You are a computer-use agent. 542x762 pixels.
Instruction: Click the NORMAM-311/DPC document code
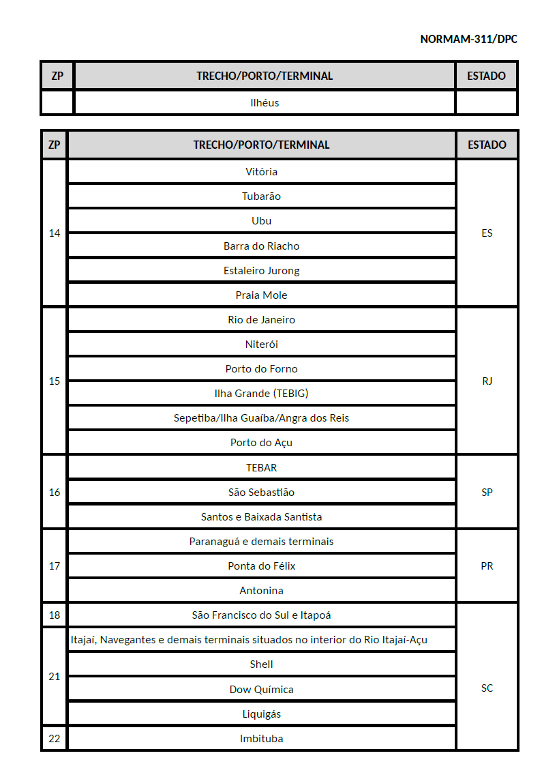point(468,39)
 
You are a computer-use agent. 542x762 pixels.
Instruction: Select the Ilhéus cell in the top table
point(265,103)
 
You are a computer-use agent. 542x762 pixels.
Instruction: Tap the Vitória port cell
point(261,172)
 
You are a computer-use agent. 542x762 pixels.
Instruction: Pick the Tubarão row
point(261,196)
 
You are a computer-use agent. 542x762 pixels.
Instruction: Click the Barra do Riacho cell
point(261,246)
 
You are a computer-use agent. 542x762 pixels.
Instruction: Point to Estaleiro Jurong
point(261,270)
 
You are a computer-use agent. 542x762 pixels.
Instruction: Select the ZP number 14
point(55,233)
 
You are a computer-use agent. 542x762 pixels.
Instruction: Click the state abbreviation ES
point(487,233)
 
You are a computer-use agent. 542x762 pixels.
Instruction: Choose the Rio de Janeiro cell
point(261,319)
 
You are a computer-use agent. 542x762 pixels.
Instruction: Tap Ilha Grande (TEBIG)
point(261,393)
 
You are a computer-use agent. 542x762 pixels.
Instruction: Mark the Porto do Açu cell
point(261,442)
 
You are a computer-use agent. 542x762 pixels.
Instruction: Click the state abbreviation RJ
point(487,381)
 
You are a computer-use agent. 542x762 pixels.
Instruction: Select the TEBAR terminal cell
point(261,467)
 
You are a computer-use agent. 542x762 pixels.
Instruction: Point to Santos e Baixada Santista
point(261,516)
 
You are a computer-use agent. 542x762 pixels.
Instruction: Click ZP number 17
point(55,566)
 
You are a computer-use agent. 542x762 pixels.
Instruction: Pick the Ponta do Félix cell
point(261,566)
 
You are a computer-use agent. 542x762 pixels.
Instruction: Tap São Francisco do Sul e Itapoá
point(261,615)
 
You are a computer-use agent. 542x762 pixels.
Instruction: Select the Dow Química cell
point(261,689)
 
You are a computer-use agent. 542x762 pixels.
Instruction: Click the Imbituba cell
point(261,738)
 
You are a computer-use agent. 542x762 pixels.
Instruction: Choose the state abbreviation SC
point(487,688)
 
